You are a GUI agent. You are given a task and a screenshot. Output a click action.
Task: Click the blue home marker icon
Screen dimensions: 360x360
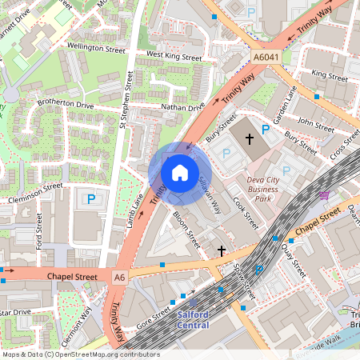coord(180,172)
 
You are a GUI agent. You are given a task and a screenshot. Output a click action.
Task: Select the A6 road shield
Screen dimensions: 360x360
coord(119,277)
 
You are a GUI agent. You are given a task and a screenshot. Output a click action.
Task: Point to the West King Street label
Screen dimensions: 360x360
coord(174,57)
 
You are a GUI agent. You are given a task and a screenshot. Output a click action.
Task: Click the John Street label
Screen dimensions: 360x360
coord(314,123)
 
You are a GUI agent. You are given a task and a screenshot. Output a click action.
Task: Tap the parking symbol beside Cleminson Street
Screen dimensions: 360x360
coord(91,198)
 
